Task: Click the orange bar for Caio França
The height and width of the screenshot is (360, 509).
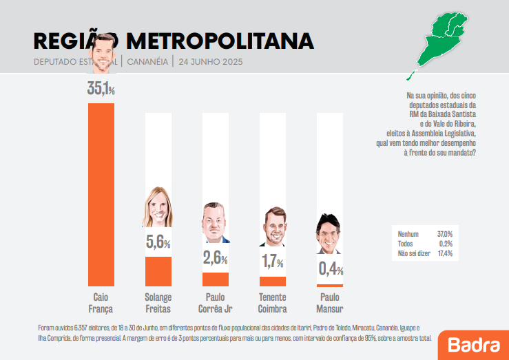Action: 101,194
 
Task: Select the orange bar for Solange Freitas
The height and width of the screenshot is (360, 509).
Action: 158,271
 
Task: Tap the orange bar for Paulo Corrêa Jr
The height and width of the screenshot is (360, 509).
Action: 216,279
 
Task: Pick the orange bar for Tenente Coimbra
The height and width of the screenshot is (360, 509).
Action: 272,282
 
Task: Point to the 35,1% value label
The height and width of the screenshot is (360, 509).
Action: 101,88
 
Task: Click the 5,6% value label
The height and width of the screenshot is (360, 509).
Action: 158,242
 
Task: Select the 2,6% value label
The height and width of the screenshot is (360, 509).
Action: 216,258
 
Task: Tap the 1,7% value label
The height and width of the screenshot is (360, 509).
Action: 272,262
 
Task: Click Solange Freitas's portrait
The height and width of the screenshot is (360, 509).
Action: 158,207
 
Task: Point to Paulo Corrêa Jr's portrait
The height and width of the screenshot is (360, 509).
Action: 215,224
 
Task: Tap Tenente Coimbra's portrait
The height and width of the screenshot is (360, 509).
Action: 272,227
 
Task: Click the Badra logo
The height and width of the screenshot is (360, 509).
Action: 470,344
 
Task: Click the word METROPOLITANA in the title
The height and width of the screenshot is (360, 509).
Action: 220,41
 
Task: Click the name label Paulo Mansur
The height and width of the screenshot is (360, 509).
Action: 329,304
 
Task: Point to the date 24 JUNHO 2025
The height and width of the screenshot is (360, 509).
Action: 210,61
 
